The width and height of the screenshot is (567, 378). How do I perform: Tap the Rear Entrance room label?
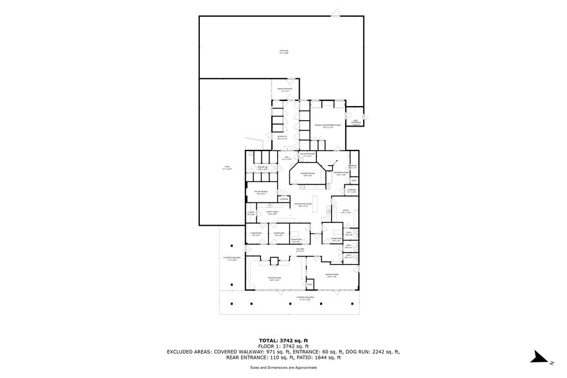285,89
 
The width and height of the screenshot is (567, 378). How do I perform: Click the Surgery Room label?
307,174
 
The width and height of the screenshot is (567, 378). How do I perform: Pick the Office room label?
345,212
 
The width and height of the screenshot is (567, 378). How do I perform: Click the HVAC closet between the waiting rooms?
309,283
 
